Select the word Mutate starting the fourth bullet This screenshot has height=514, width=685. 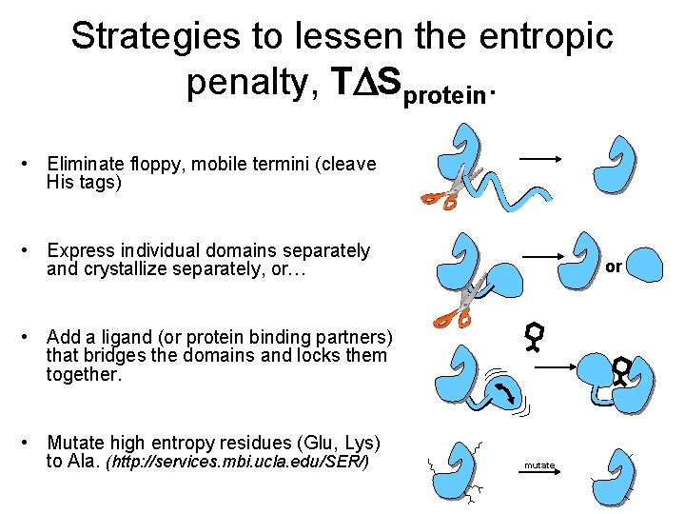coord(76,444)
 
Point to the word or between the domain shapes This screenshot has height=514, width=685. coord(614,267)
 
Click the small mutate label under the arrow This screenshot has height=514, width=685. coord(538,465)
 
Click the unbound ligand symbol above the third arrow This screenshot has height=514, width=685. coord(536,336)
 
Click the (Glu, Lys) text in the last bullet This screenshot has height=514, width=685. coord(340,444)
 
